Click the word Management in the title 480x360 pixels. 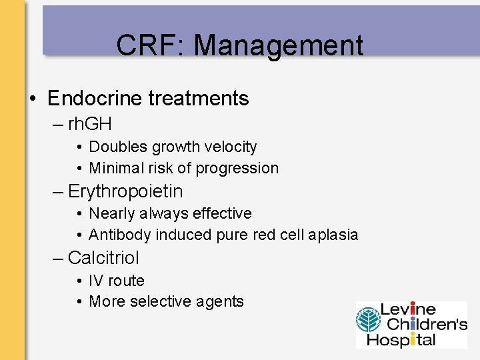(x=279, y=45)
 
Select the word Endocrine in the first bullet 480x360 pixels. (x=95, y=99)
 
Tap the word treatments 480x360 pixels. (x=199, y=99)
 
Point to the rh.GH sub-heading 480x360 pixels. (x=89, y=124)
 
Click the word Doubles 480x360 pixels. (x=119, y=147)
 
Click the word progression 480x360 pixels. (x=239, y=168)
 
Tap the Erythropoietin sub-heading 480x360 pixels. (x=125, y=191)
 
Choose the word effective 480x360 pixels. (x=222, y=213)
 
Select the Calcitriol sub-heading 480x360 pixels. (x=103, y=257)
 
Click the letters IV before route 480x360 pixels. (x=96, y=281)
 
